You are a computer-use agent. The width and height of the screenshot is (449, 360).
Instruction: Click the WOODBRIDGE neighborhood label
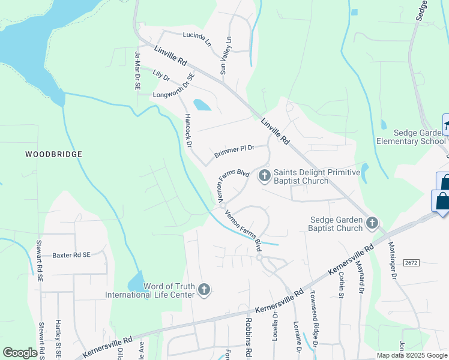pos(53,154)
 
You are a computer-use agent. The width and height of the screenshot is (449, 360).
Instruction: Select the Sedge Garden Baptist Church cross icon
pos(372,223)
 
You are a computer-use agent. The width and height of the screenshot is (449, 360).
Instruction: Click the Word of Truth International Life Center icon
pos(204,290)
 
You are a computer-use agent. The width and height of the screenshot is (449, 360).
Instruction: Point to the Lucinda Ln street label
pos(197,40)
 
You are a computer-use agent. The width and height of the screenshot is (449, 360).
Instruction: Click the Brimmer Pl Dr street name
pos(235,152)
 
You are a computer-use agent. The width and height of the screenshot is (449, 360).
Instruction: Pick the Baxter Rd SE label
pos(71,255)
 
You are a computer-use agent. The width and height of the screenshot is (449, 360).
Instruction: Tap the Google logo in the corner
pos(20,353)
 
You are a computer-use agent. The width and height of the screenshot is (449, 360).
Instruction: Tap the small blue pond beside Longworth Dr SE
pos(202,105)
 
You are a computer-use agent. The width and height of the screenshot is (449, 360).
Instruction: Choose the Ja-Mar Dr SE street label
pos(137,71)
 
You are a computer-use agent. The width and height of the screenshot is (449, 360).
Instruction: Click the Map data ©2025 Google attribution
pos(412,355)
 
